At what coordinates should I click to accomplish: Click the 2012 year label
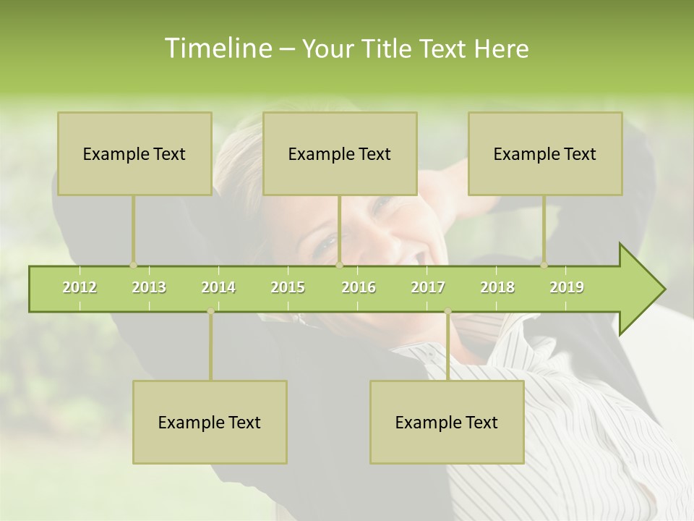click(x=80, y=287)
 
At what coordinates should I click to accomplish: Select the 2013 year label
click(x=149, y=287)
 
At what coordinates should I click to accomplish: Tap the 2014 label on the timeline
click(x=218, y=287)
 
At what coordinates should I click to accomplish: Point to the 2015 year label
click(x=288, y=287)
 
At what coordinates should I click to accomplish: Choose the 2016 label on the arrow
click(x=359, y=287)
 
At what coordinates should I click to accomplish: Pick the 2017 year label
click(x=428, y=287)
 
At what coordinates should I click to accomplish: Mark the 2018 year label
click(x=497, y=287)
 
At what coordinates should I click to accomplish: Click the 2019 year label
click(x=567, y=287)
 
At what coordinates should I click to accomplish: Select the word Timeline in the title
click(x=217, y=48)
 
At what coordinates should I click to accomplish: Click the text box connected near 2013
click(x=134, y=153)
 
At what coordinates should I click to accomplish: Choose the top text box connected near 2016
click(x=340, y=153)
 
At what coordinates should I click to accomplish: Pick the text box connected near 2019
click(x=545, y=153)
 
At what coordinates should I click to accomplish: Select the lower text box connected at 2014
click(x=210, y=422)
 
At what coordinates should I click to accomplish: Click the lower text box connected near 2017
click(x=447, y=422)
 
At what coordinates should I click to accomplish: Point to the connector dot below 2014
click(x=210, y=311)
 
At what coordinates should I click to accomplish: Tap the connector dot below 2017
click(x=447, y=311)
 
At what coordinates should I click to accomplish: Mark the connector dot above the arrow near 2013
click(x=133, y=266)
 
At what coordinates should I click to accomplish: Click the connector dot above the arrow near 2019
click(x=544, y=266)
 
